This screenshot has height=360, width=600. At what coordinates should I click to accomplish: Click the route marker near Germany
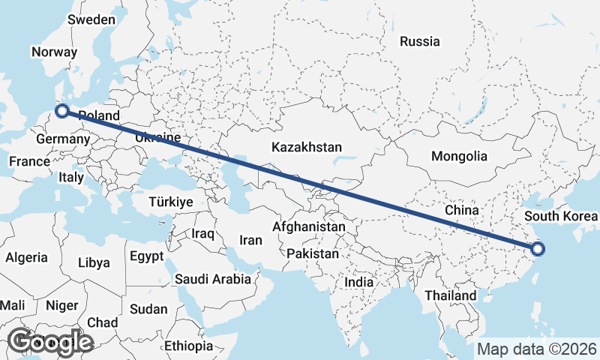(x=62, y=112)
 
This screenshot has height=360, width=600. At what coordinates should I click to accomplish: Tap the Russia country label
(x=419, y=41)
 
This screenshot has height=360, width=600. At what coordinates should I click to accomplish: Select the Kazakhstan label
(x=307, y=146)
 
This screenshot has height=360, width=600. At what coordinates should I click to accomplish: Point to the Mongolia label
(x=459, y=157)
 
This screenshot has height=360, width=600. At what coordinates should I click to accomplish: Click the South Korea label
(x=561, y=217)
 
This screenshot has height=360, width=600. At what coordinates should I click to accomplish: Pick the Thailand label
(x=450, y=295)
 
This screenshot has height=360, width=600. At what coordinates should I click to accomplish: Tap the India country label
(x=358, y=283)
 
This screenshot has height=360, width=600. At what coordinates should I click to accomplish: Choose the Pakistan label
(x=313, y=254)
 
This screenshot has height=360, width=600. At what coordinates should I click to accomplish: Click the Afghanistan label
(x=309, y=226)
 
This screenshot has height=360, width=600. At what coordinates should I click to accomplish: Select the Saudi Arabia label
(x=213, y=279)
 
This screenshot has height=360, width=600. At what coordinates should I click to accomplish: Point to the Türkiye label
(x=171, y=202)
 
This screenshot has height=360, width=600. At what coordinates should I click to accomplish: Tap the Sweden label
(x=91, y=20)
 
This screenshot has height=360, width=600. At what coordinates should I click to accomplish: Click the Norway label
(x=54, y=52)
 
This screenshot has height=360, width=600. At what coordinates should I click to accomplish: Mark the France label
(x=28, y=161)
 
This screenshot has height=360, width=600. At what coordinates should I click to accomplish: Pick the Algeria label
(x=26, y=257)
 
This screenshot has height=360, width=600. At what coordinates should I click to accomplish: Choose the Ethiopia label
(x=189, y=346)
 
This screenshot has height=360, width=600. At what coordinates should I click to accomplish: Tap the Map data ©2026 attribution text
(x=536, y=349)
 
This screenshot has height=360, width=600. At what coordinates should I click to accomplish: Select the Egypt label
(x=146, y=256)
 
